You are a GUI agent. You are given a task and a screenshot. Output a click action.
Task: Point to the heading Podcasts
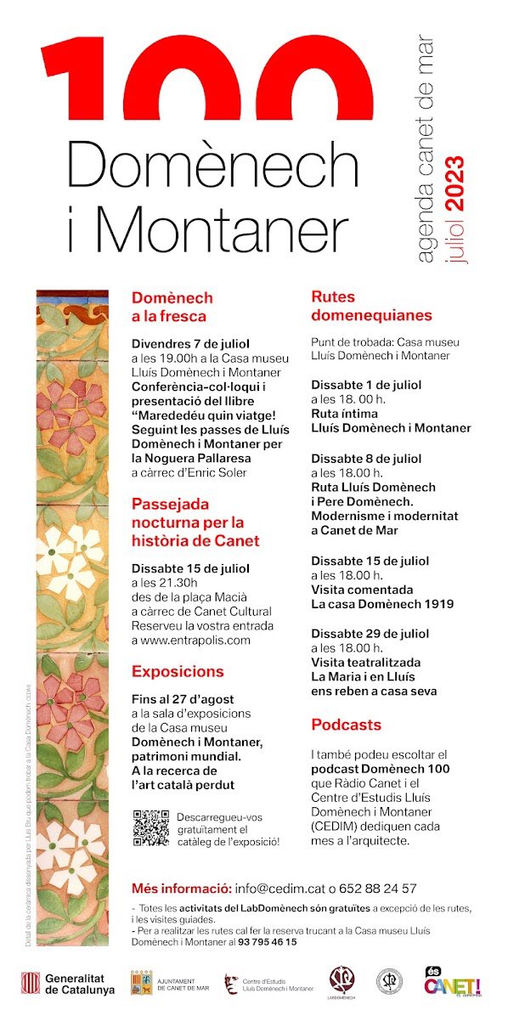346,725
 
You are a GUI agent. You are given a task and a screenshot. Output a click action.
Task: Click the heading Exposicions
178,671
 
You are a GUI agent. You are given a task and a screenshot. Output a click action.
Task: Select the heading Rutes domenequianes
371,307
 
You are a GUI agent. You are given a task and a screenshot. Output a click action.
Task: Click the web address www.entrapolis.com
191,640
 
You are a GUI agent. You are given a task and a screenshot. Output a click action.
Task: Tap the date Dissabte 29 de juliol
370,633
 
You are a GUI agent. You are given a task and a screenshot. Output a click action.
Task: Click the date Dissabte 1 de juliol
365,383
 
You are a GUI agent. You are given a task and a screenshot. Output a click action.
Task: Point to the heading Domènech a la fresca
172,307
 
